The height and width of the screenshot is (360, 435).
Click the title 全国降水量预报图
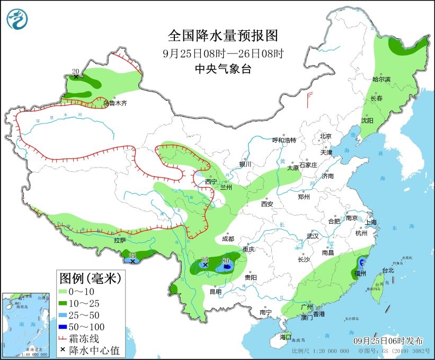223,36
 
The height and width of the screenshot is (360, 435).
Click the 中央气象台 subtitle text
223,68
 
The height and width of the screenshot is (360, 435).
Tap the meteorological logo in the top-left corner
18,20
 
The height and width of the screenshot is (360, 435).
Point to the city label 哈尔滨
381,80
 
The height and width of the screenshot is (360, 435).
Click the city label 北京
325,136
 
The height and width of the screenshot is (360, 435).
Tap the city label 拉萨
120,240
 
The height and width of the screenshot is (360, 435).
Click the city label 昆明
215,291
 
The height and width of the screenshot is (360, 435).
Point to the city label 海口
285,337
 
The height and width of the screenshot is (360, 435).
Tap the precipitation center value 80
226,261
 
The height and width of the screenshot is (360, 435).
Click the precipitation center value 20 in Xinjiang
75,71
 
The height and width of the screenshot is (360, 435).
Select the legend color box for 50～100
66,327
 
